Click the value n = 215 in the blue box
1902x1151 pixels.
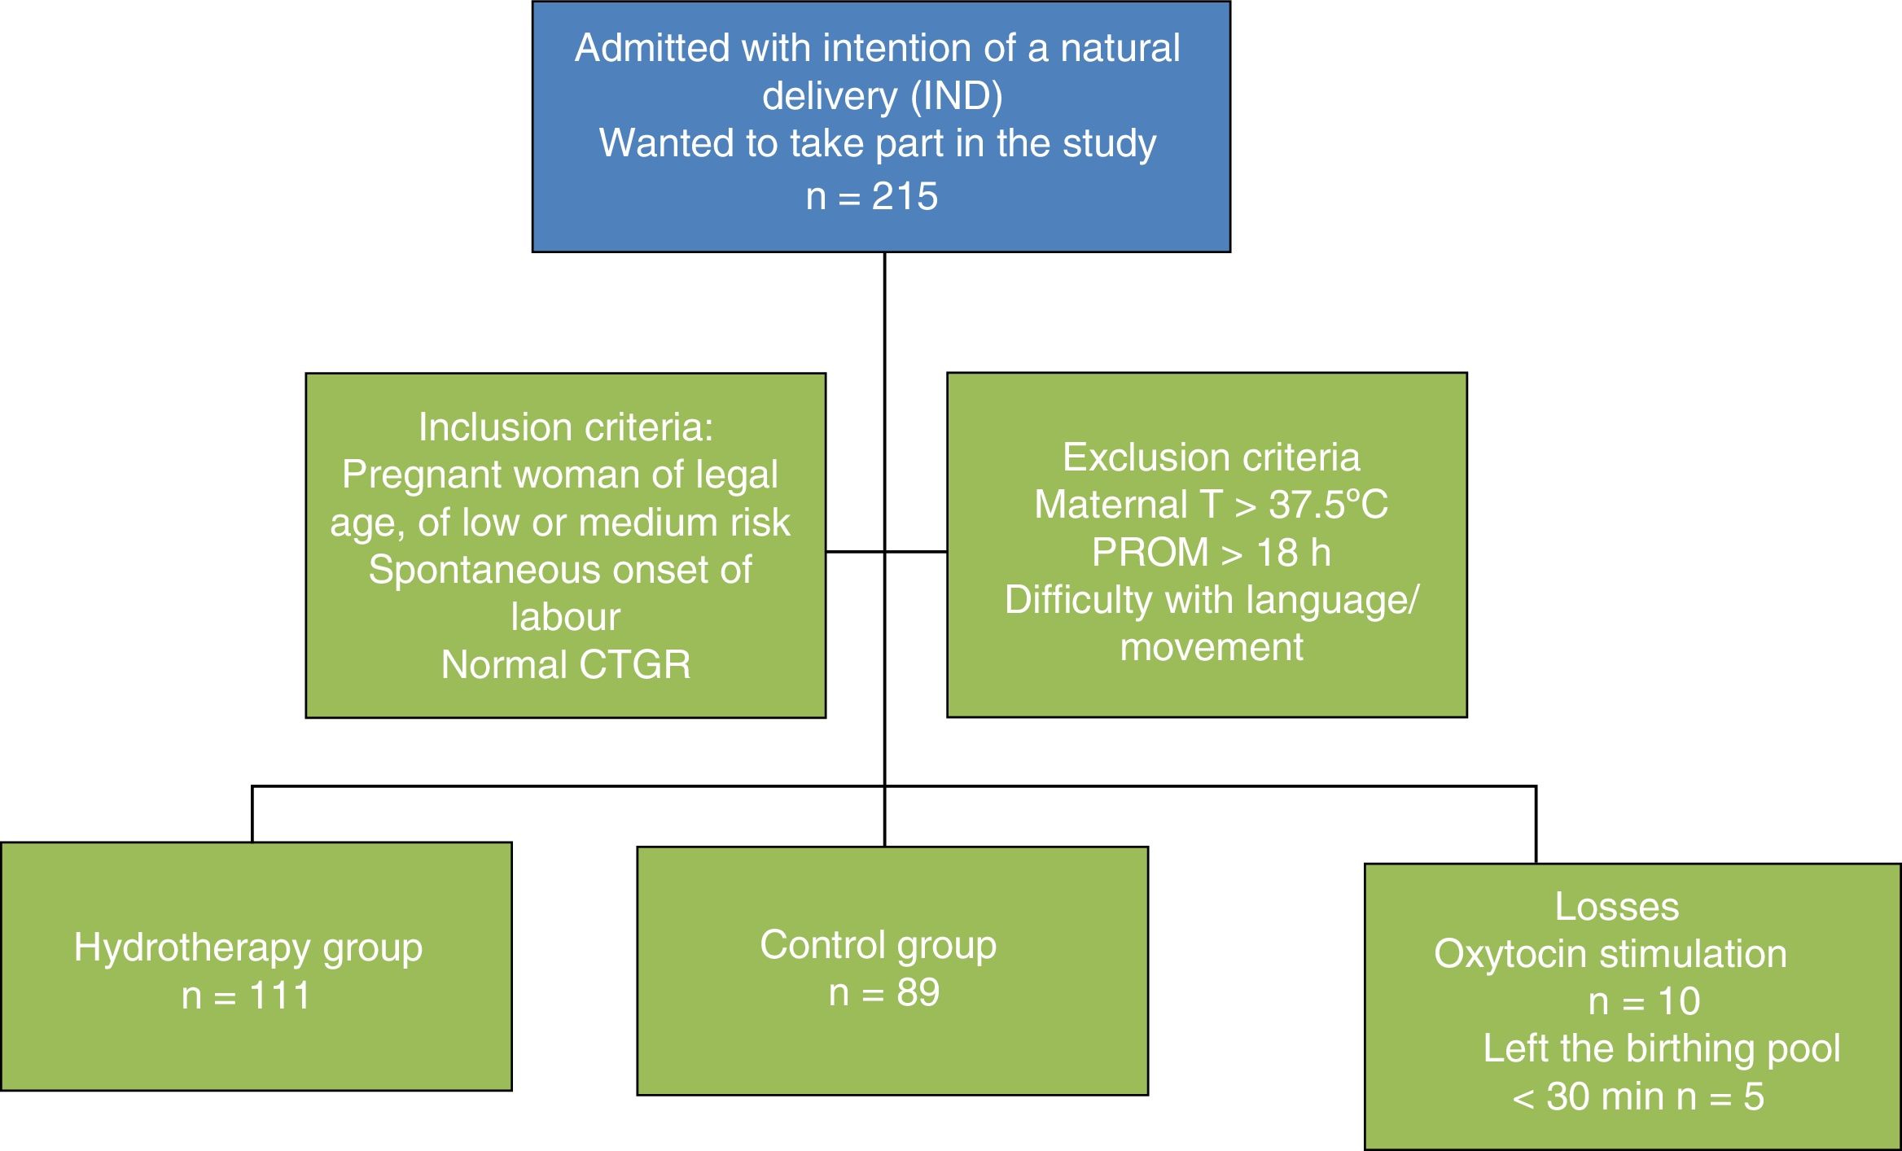pyautogui.click(x=872, y=197)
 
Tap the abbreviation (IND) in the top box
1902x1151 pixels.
pyautogui.click(x=957, y=96)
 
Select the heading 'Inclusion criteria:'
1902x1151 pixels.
pyautogui.click(x=565, y=427)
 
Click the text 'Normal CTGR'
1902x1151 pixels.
pyautogui.click(x=565, y=664)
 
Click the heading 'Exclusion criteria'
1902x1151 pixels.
pyautogui.click(x=1211, y=457)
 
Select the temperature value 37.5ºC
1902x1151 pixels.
pyautogui.click(x=1328, y=505)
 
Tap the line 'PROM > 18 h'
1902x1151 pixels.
pyautogui.click(x=1211, y=553)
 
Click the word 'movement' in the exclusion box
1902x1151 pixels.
pyautogui.click(x=1211, y=647)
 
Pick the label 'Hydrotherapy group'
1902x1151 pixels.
pyautogui.click(x=248, y=948)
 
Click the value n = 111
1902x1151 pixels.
pyautogui.click(x=246, y=996)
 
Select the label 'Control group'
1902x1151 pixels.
pyautogui.click(x=878, y=945)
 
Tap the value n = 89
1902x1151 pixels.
pyautogui.click(x=883, y=992)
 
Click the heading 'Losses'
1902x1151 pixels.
pyautogui.click(x=1616, y=907)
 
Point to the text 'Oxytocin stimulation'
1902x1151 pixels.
pyautogui.click(x=1610, y=954)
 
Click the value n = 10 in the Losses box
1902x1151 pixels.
pyautogui.click(x=1644, y=1001)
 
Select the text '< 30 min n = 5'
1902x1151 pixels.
pyautogui.click(x=1637, y=1096)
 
